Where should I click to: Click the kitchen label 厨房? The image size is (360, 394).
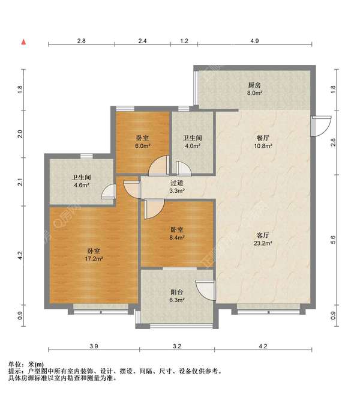255,85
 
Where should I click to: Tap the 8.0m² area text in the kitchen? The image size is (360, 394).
255,93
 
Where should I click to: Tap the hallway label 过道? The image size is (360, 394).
176,182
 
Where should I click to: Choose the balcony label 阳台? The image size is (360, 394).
176,292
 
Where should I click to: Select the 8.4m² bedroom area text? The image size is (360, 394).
176,238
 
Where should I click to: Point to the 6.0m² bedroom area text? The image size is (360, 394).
142,146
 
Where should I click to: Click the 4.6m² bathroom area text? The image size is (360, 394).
80,186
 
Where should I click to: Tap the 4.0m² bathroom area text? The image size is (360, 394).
193,146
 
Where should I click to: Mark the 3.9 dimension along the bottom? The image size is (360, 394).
94,347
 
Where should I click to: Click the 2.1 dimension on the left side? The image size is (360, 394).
20,179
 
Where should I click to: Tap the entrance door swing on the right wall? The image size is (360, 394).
320,124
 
